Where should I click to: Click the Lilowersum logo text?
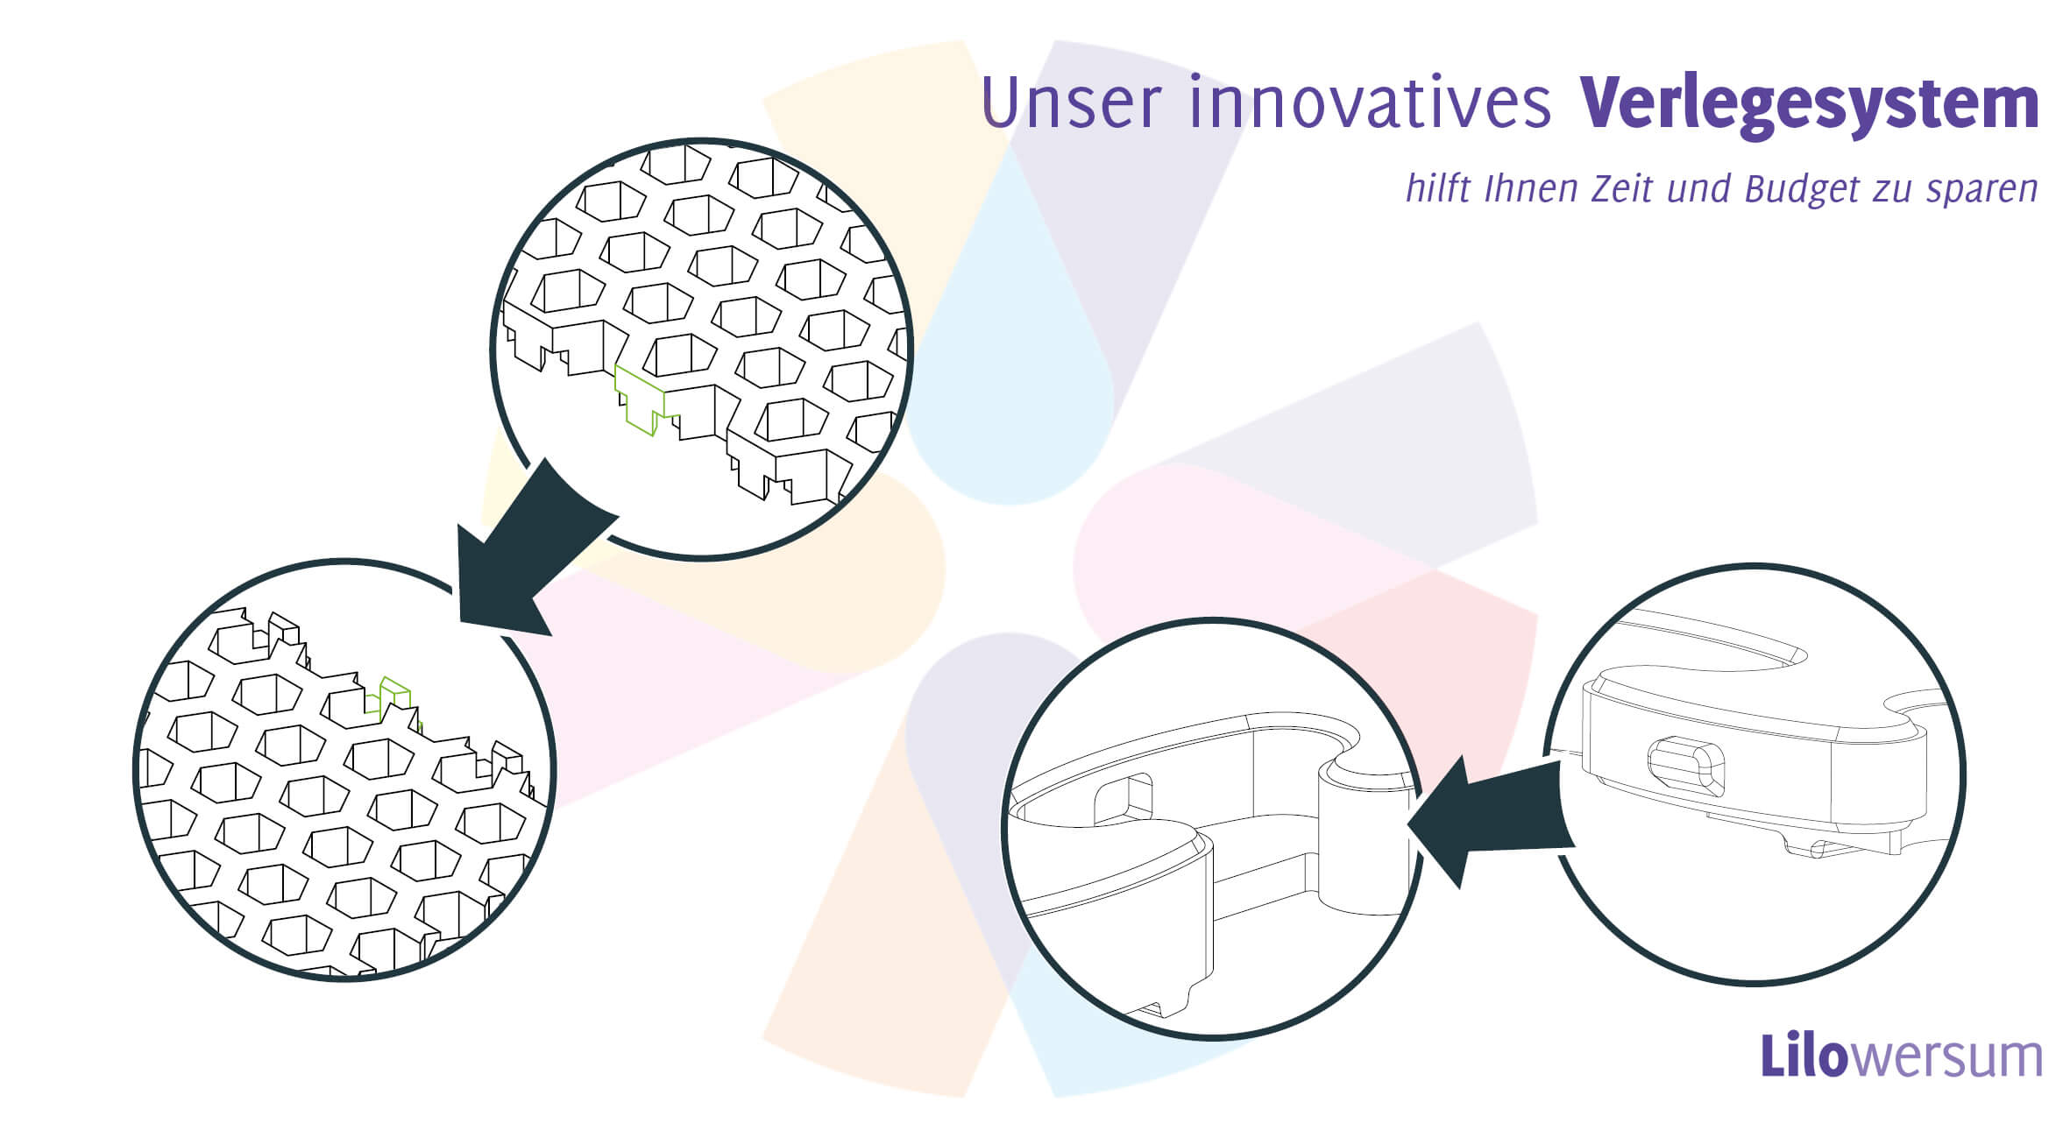[x=1901, y=1057]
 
